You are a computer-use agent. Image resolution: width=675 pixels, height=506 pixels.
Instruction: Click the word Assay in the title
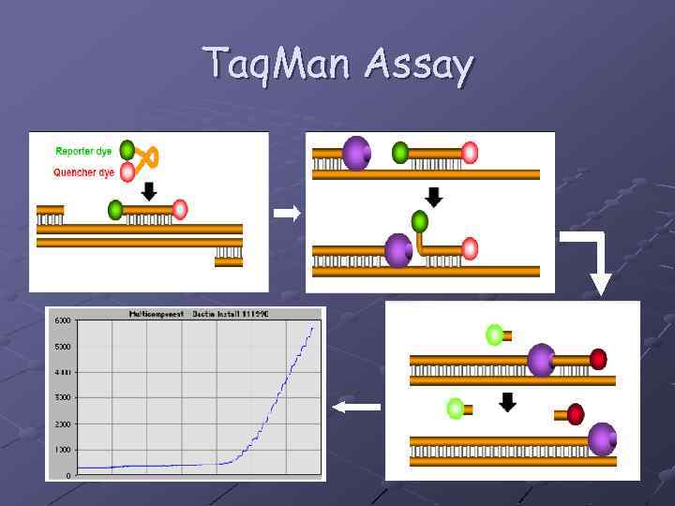click(419, 66)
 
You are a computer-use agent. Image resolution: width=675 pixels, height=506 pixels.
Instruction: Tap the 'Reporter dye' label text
click(83, 151)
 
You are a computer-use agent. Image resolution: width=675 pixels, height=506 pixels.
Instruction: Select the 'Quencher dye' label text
click(83, 172)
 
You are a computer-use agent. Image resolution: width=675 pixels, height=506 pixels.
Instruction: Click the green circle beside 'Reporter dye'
click(127, 150)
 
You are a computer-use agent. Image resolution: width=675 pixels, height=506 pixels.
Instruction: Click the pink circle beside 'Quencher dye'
click(127, 172)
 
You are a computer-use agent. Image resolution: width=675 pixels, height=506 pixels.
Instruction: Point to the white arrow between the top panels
click(287, 214)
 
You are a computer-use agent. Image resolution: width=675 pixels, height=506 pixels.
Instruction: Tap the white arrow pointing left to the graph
click(357, 407)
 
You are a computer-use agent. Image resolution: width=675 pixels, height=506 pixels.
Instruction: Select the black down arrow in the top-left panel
click(147, 191)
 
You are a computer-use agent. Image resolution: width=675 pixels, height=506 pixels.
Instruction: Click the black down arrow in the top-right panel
click(433, 198)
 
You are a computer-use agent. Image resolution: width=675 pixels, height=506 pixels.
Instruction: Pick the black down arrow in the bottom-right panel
click(507, 403)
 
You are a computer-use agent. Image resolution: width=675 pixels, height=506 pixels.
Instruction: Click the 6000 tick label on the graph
click(62, 320)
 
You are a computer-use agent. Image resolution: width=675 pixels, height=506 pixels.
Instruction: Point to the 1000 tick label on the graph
click(62, 450)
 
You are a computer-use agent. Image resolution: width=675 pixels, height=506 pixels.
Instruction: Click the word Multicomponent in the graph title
click(156, 314)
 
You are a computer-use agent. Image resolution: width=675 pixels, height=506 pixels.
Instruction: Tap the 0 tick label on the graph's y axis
click(67, 475)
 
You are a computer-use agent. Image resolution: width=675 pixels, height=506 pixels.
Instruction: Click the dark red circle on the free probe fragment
click(576, 414)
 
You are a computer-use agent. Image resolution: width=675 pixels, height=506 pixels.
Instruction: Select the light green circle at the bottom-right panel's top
click(494, 334)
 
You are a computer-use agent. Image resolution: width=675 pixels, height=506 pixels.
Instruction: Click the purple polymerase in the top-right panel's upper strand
click(356, 153)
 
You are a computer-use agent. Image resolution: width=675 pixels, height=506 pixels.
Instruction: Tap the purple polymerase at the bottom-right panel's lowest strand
click(602, 439)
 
